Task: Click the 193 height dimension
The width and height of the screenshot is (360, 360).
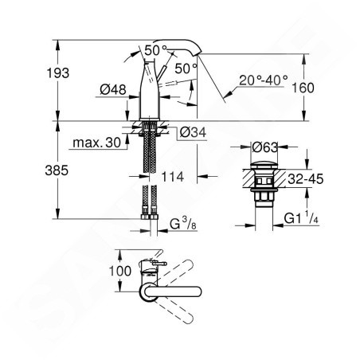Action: (58, 73)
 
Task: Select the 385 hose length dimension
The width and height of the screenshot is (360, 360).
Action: (57, 170)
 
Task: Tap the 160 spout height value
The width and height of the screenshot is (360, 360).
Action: (303, 88)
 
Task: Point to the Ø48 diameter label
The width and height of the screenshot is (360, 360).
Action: (113, 90)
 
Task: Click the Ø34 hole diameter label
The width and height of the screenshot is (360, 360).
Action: (193, 132)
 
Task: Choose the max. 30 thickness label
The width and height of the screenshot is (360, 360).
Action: (97, 143)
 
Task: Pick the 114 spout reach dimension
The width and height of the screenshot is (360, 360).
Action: (173, 177)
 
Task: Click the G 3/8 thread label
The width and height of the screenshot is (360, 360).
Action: (183, 225)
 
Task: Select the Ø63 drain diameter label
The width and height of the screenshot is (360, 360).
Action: (265, 147)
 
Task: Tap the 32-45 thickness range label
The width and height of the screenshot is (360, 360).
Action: (306, 179)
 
